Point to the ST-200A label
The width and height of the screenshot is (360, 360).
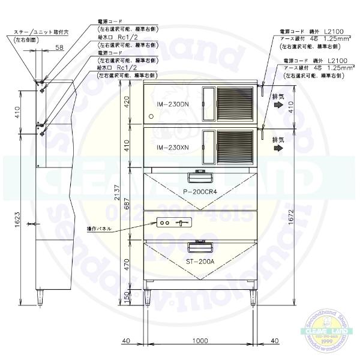tap(199, 262)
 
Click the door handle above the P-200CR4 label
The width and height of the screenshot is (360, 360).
tap(199, 176)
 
